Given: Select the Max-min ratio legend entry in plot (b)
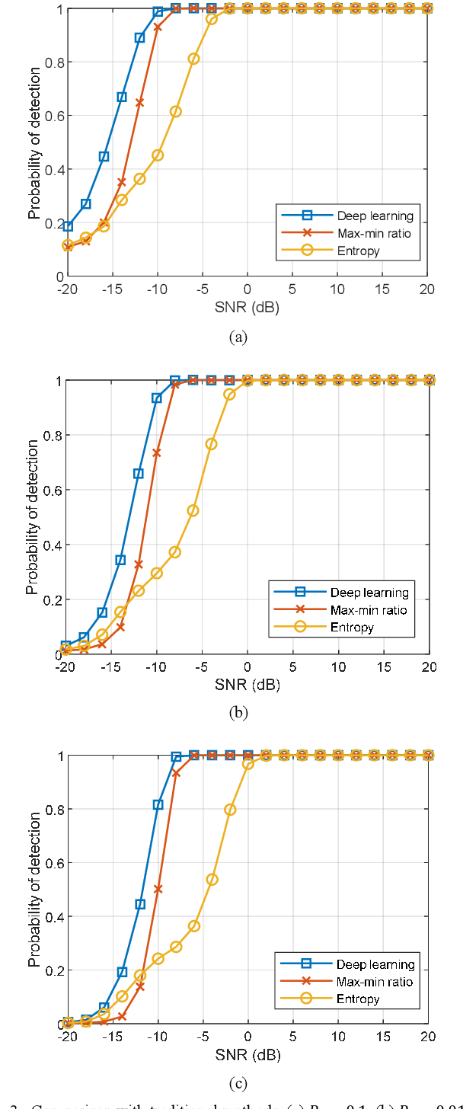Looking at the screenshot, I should click(368, 610).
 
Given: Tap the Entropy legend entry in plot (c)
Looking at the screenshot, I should click(357, 999).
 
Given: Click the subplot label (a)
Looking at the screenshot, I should click(238, 337).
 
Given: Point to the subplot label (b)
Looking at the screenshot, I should click(238, 714).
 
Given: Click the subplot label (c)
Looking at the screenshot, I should click(238, 1082).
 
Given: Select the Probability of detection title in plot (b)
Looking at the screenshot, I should click(32, 516).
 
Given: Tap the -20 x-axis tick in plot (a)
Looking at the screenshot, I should click(68, 290).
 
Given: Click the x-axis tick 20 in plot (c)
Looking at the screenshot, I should click(427, 1037).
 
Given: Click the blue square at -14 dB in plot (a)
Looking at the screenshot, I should click(122, 97).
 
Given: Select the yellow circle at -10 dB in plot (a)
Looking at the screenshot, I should click(158, 155).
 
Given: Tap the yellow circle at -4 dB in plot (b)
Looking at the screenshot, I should click(211, 444).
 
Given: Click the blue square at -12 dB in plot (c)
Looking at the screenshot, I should click(140, 904).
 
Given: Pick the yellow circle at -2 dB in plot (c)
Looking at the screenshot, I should click(230, 810).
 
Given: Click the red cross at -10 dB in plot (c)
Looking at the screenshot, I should click(158, 889).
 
